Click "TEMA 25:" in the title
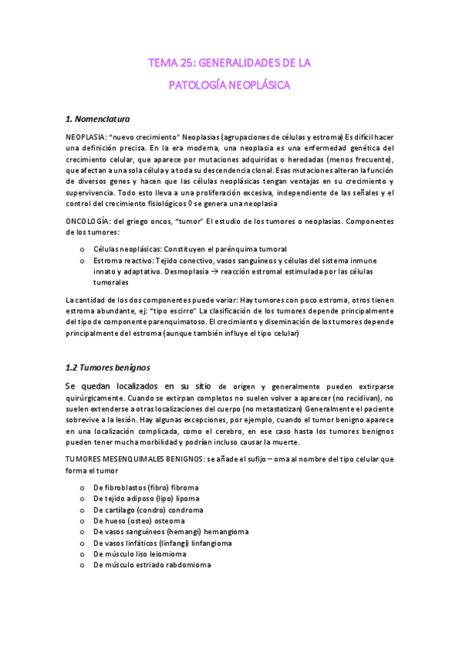(169, 61)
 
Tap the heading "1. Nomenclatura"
(98, 120)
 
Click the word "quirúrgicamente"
(94, 399)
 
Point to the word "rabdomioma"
(187, 564)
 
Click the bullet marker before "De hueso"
(82, 520)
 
